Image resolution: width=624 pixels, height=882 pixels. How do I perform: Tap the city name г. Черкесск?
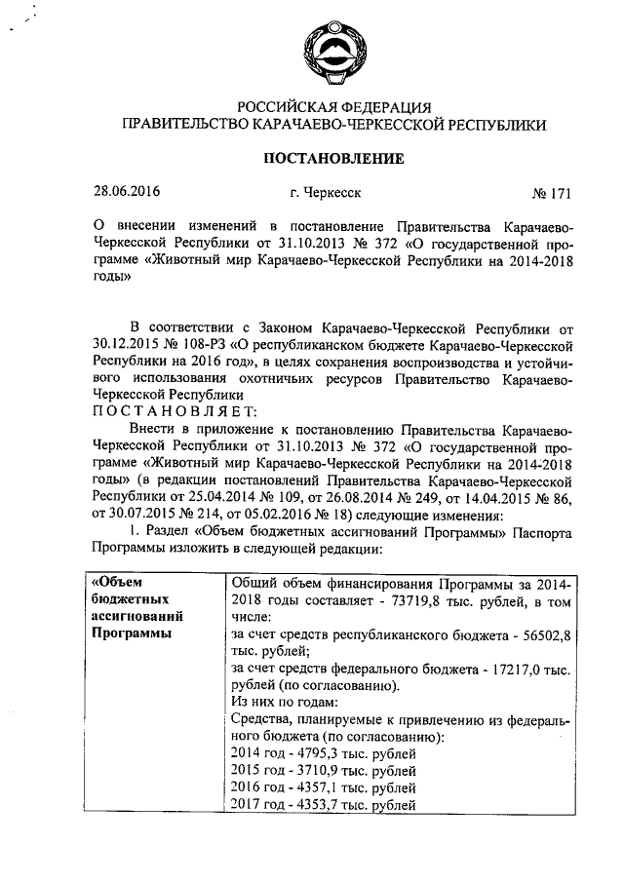click(325, 192)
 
